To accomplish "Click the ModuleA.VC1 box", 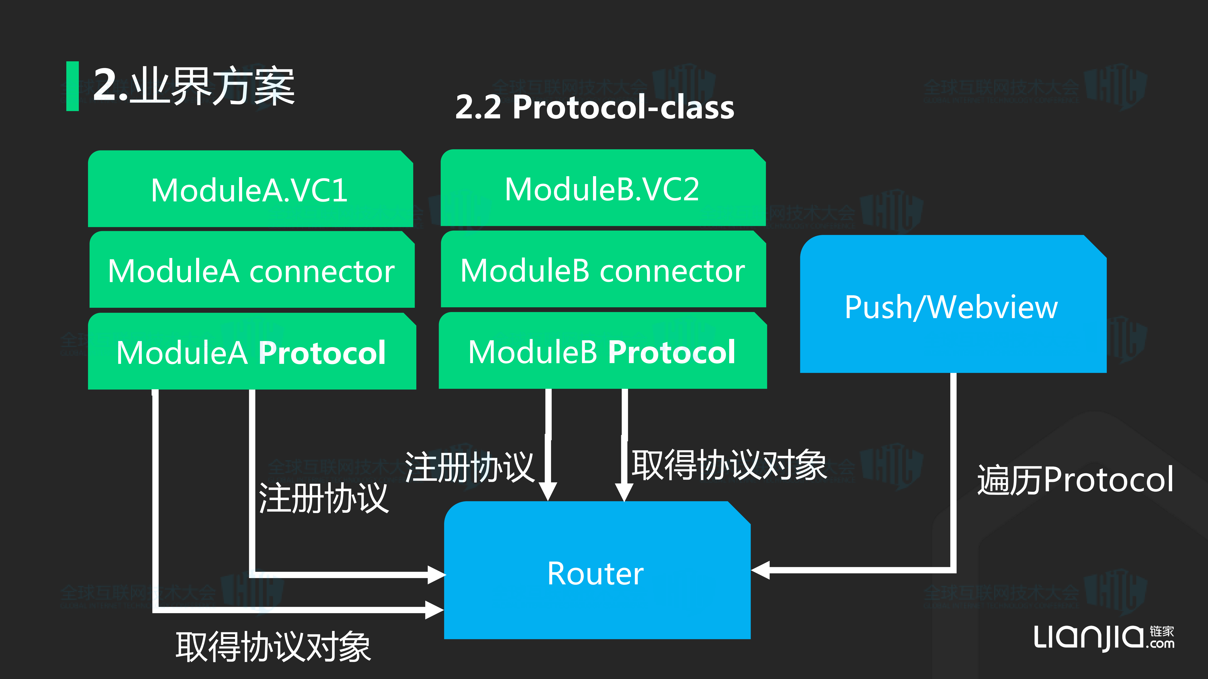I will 250,190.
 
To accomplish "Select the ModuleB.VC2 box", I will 603,189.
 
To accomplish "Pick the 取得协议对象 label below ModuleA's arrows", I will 273,647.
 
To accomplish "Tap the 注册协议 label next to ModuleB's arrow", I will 469,467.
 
